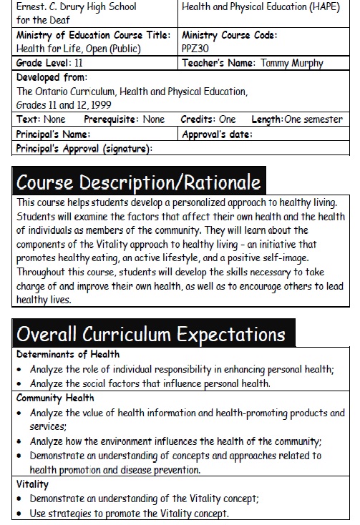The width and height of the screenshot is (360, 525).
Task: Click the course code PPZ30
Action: coord(195,49)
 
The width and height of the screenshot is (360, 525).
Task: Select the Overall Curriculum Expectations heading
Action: coord(150,334)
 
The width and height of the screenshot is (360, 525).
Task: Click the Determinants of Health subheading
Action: coord(68,355)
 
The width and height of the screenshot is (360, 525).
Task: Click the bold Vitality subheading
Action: coord(32,485)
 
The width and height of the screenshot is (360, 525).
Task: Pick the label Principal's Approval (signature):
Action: coord(84,148)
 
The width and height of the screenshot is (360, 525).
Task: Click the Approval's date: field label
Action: coord(218,134)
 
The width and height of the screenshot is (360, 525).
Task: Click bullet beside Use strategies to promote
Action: coord(19,514)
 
